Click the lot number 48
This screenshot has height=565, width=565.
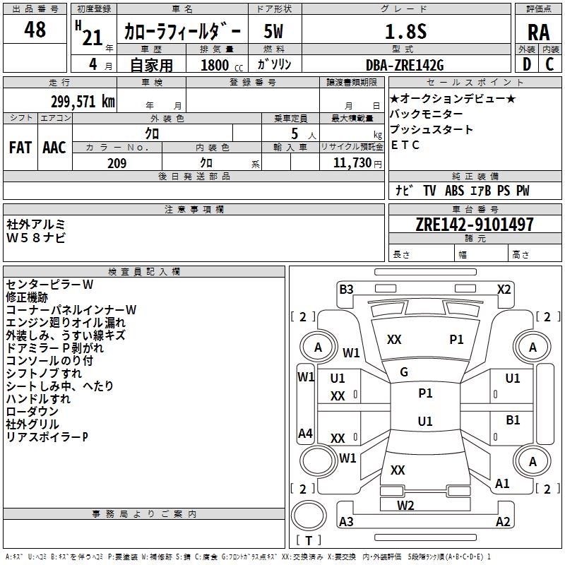tap(35, 30)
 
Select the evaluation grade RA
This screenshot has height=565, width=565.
tap(538, 32)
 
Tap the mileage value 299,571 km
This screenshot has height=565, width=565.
tap(83, 101)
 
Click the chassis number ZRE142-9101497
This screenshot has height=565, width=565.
tap(475, 225)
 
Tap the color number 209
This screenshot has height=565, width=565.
tap(117, 163)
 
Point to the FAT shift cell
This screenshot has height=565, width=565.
tap(20, 147)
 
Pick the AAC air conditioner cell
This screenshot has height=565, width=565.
tap(54, 147)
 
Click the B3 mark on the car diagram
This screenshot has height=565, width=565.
tap(346, 289)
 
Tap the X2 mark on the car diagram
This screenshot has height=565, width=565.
tap(504, 289)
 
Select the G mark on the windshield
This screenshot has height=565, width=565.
tap(404, 372)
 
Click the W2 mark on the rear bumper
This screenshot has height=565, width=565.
tap(405, 505)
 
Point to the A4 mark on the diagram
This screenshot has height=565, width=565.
tap(305, 434)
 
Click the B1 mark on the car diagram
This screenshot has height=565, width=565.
tap(513, 420)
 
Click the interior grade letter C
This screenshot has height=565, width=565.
tap(549, 64)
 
